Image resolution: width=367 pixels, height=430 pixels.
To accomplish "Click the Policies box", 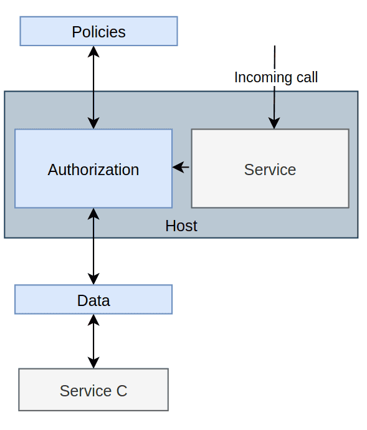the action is coord(98,31).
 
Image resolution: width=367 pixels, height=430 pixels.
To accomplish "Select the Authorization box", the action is coord(93,168).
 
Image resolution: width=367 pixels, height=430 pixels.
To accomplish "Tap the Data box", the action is coord(93,300).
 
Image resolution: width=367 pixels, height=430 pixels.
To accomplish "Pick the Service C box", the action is coord(93,389).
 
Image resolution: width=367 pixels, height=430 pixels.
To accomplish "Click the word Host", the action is coord(181,226).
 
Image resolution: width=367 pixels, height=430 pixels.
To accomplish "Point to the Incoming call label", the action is coord(276,77).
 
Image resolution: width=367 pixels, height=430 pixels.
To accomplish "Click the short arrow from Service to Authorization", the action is coord(181,167).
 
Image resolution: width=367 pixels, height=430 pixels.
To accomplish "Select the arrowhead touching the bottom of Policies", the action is coord(93,52).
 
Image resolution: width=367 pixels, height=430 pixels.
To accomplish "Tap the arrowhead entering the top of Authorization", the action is coord(93,123).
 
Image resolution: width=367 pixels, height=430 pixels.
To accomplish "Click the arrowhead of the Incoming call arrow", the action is coord(274,123).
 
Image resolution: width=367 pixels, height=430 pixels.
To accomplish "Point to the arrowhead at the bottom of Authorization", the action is coord(93,214).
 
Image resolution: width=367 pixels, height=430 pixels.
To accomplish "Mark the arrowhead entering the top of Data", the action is coord(93,279).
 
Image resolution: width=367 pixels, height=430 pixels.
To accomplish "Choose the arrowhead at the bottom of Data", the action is coord(93,320).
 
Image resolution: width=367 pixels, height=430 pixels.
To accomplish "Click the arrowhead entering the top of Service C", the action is coord(93,363).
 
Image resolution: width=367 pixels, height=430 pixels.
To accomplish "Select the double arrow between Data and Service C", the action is coord(93,342).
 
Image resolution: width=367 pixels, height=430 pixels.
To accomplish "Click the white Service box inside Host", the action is coord(270,168).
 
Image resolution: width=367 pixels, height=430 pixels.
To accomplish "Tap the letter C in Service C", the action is coord(122,391).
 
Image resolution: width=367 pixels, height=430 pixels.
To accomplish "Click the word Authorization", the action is coord(93,170).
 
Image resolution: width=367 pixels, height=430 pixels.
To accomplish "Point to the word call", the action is coord(307,77).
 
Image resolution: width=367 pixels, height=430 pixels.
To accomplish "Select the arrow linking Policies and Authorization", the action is coord(93,87).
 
